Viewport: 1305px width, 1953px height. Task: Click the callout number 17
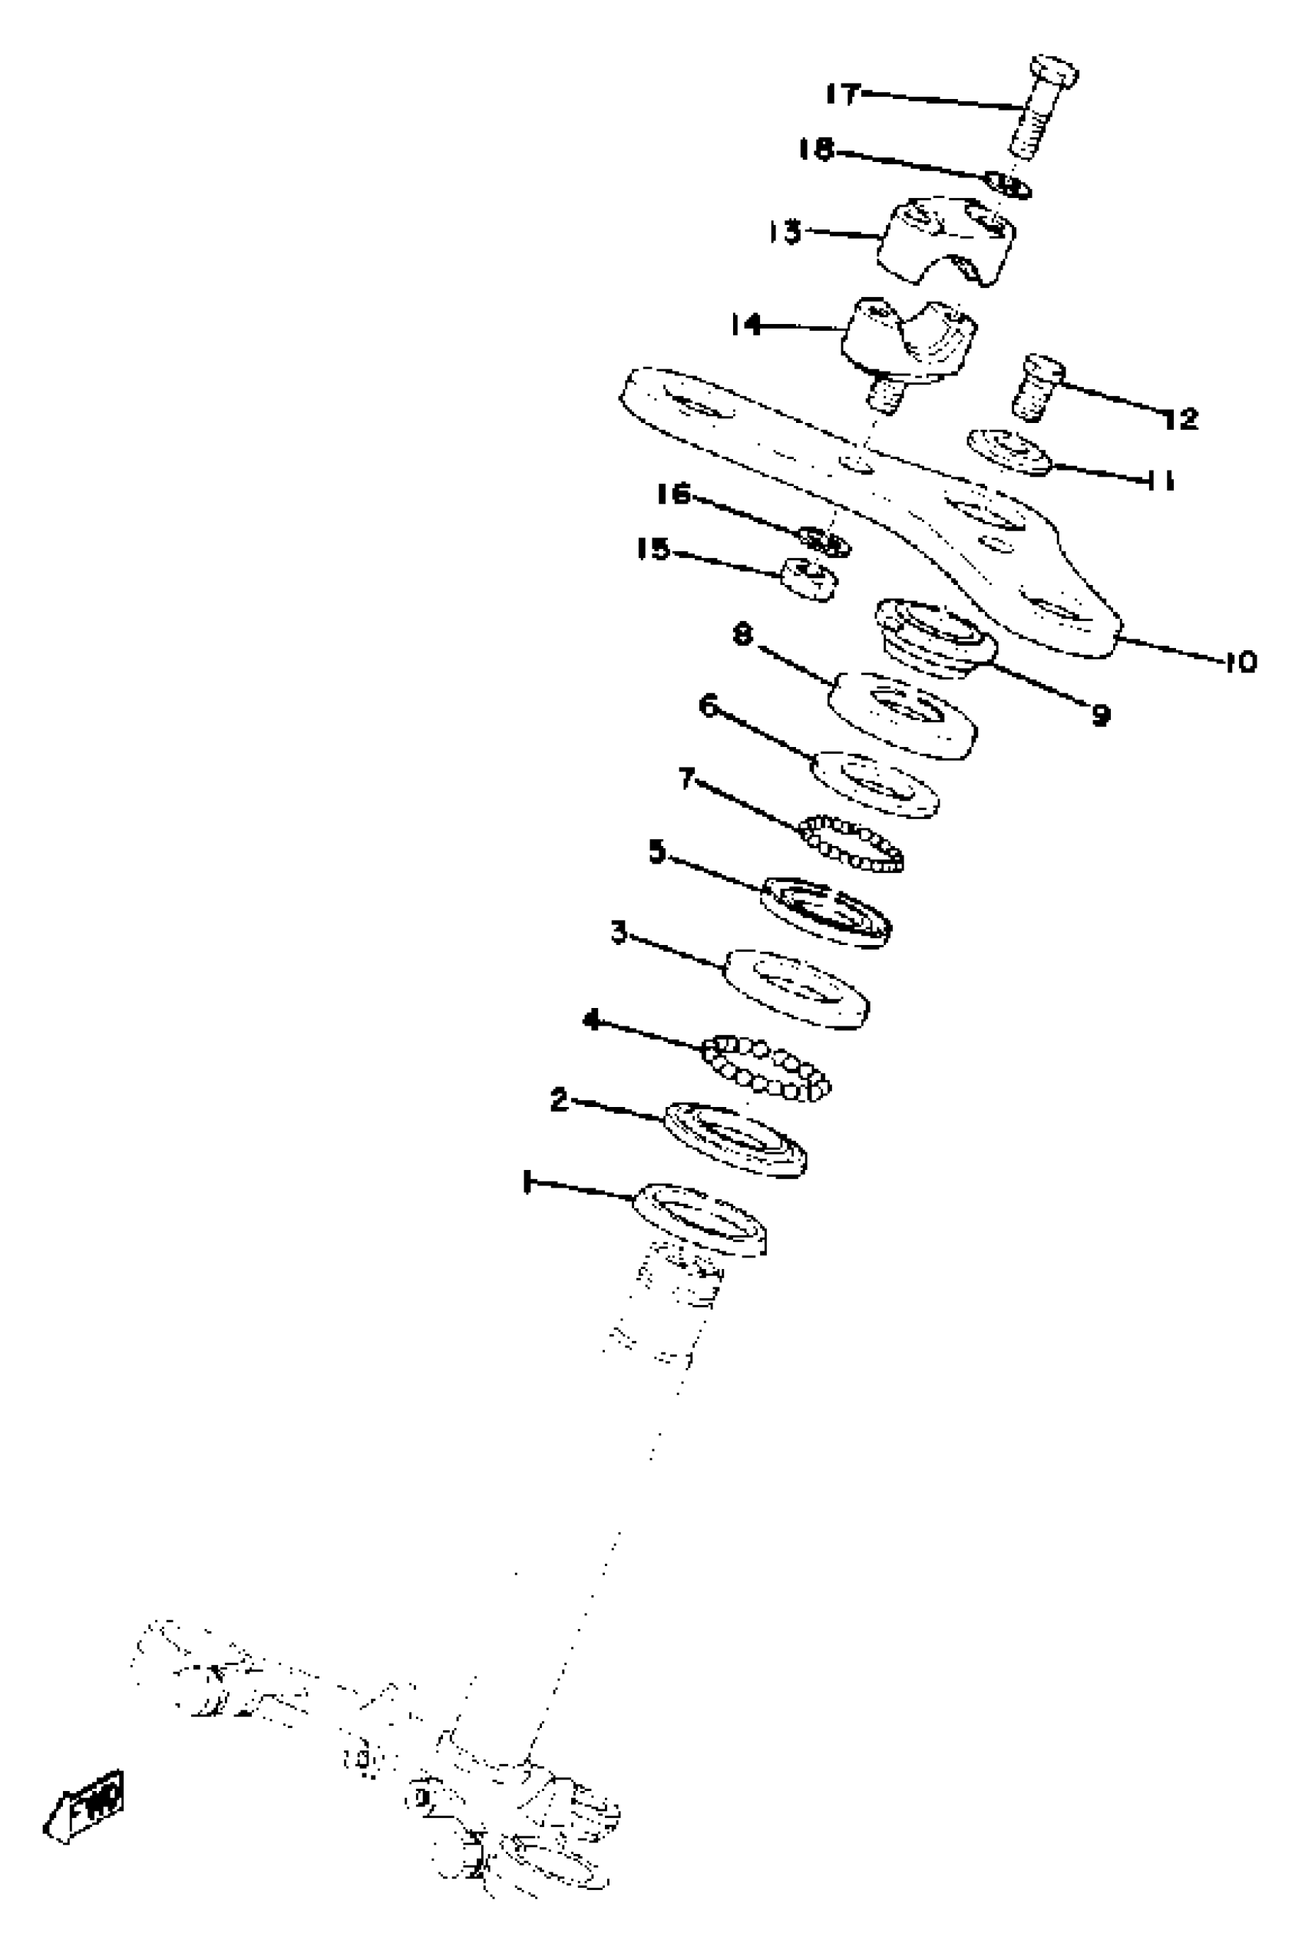pyautogui.click(x=841, y=94)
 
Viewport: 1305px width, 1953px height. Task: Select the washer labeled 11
pyautogui.click(x=1008, y=451)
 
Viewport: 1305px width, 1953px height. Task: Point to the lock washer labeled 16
pyautogui.click(x=823, y=541)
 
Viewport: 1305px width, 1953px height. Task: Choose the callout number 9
pyautogui.click(x=1100, y=714)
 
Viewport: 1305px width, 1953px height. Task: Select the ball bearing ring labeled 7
pyautogui.click(x=851, y=843)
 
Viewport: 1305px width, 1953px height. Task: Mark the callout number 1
pyautogui.click(x=527, y=1182)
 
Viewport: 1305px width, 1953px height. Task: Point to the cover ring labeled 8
pyautogui.click(x=903, y=715)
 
